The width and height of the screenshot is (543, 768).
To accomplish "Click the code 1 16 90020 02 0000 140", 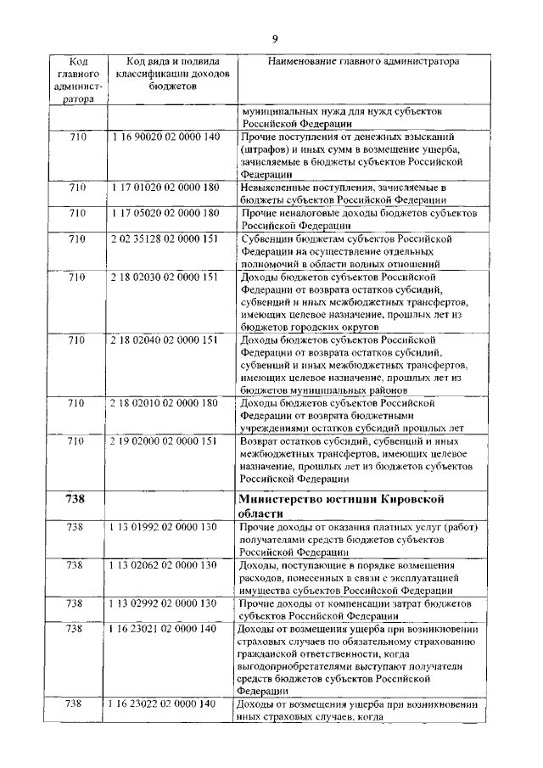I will click(165, 137).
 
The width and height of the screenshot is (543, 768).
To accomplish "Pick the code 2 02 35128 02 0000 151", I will click(165, 239).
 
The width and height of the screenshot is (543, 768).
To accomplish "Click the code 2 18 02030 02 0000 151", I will click(165, 277).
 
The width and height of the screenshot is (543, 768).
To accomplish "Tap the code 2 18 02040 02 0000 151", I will click(165, 339).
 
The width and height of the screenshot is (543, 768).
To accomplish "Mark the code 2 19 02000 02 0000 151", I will click(165, 441).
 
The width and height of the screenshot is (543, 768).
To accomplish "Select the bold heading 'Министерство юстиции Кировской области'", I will click(354, 507).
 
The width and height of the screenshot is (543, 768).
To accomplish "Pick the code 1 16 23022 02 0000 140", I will click(165, 704).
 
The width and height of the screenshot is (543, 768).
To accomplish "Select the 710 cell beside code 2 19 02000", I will click(77, 441).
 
